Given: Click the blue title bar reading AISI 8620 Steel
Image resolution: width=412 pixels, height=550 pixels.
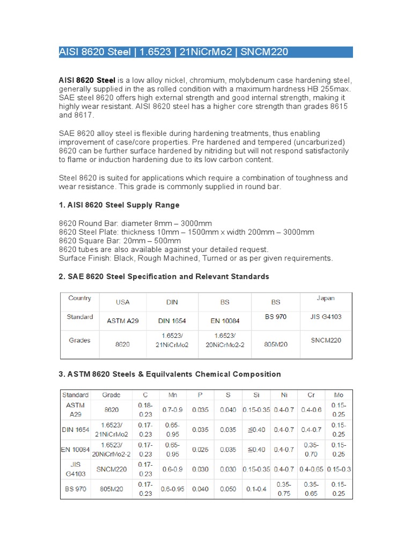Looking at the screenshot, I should pos(205,52).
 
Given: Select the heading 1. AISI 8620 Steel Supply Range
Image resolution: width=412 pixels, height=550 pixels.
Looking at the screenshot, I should pos(119,205).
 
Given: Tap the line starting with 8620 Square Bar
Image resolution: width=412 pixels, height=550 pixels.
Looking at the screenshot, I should pos(120,241).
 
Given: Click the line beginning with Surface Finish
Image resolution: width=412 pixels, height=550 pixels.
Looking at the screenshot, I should pos(195,258).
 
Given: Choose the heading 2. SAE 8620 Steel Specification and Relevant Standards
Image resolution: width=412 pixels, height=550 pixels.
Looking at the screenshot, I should pos(164,276).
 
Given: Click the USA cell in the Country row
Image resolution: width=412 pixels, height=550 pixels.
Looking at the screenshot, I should pos(123,302).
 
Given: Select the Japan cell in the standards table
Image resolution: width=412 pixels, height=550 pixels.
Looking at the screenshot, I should pos(325,298).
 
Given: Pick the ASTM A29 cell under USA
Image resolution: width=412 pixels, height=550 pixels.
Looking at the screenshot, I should pos(123,321).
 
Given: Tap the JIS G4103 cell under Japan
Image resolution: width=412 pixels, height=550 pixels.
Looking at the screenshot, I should pos(325,317).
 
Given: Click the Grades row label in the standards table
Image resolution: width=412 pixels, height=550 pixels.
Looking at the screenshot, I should pos(79,340).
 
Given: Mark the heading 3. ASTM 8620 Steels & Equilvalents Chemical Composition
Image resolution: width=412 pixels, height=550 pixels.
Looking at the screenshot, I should pos(170,374).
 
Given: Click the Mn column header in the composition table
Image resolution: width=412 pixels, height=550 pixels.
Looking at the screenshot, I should pos(173,395).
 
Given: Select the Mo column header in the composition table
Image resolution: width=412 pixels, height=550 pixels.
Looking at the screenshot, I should pos(338,395).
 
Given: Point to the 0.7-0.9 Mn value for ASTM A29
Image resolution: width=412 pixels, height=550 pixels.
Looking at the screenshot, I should pos(173,410).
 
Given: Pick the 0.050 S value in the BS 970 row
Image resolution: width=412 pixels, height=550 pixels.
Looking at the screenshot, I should pos(229,489).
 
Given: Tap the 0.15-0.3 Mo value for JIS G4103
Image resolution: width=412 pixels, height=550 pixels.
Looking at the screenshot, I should pos(338,469).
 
